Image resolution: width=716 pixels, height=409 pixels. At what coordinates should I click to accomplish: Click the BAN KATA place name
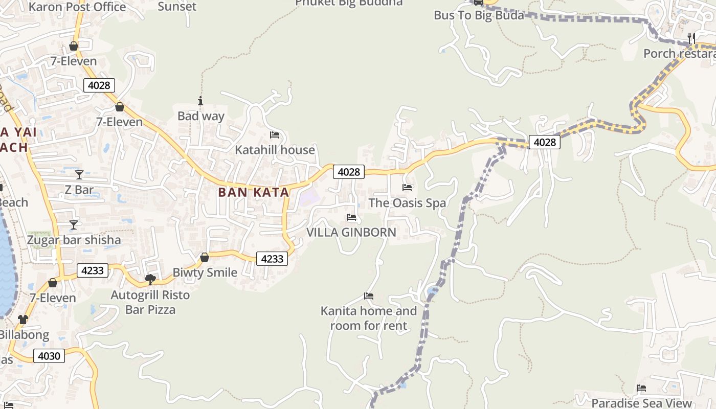coord(254,192)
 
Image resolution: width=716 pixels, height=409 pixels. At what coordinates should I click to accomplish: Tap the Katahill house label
coord(275,150)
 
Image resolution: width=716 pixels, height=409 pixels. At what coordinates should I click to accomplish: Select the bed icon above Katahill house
coord(275,135)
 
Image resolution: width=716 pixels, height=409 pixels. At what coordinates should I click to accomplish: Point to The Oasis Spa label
coord(407,203)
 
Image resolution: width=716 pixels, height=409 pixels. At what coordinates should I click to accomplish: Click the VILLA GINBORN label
coord(351,232)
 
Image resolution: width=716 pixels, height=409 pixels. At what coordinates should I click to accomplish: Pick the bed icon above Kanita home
coord(368,296)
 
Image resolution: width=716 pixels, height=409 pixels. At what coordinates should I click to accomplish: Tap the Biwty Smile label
coord(205,272)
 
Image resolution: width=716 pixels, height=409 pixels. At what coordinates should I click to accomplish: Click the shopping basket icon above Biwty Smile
coord(205,257)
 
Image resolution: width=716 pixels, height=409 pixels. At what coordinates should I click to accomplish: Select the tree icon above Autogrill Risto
coord(150,279)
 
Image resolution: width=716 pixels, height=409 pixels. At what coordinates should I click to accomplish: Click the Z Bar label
coord(79,190)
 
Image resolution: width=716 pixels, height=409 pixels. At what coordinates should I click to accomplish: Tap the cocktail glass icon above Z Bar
coord(79,175)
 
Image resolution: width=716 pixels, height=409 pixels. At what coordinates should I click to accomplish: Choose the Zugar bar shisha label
coord(74,240)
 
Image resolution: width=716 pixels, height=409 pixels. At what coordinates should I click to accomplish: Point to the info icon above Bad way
coord(200,101)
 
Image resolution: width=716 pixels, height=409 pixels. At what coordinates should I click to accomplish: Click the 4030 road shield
coord(49,356)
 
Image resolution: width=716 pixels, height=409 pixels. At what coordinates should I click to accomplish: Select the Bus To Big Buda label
coord(479,15)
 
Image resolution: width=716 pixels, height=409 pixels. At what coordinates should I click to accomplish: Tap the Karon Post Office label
coord(77,7)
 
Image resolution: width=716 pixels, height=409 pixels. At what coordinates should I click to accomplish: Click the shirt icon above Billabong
coord(23,320)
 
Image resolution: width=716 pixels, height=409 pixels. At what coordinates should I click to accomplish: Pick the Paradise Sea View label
coord(641,403)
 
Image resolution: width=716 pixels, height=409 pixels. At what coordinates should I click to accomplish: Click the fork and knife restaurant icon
coord(691,38)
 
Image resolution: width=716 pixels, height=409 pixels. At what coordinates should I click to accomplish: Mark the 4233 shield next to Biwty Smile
coord(272,259)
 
